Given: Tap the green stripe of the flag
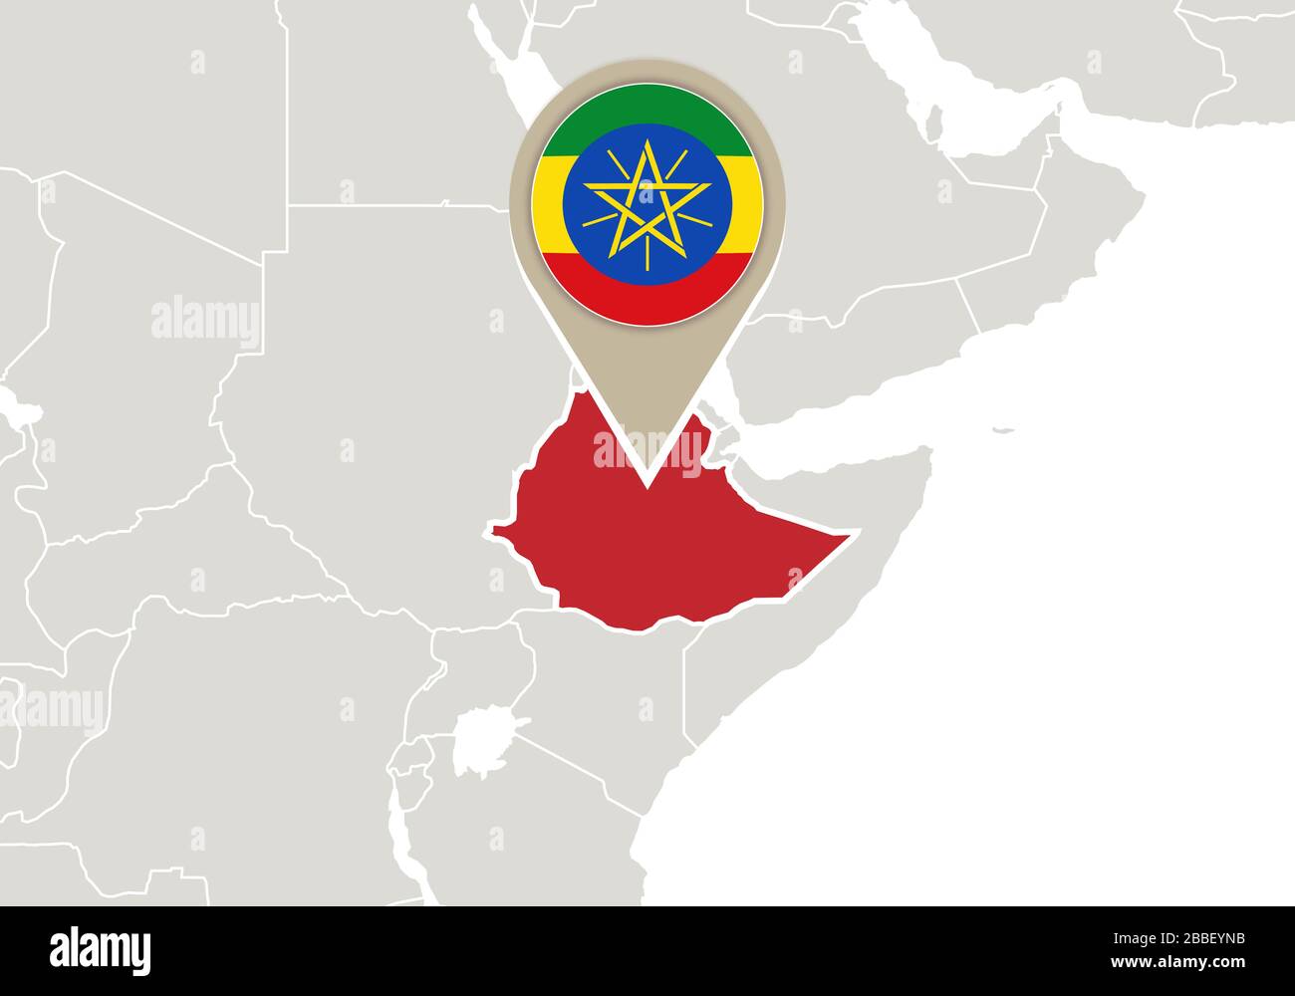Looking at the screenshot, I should coord(647,107).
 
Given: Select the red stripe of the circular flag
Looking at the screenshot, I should coord(647,295).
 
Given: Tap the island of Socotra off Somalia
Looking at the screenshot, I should coord(1003,431).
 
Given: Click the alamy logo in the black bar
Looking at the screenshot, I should coord(100,947).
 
